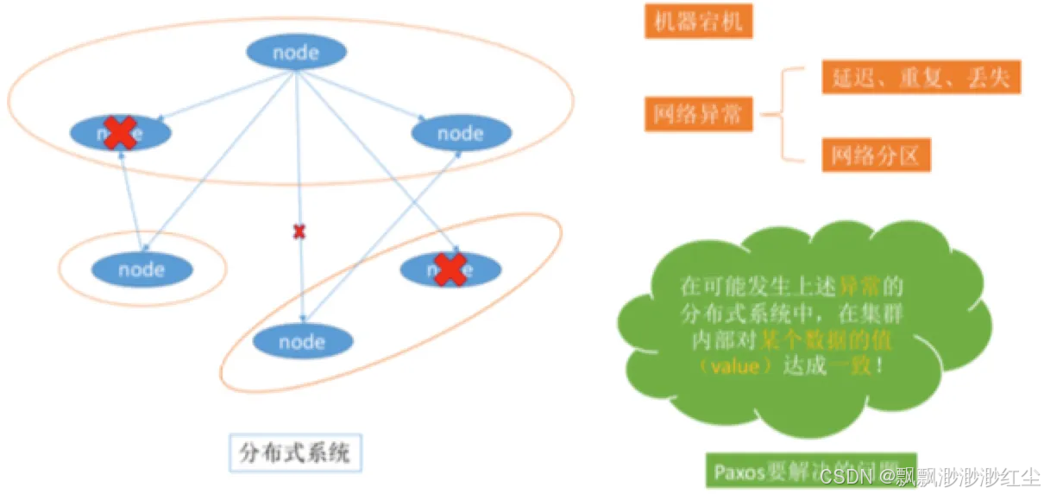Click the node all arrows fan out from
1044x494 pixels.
(296, 53)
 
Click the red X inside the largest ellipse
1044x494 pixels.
(121, 133)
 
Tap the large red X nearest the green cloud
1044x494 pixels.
(450, 269)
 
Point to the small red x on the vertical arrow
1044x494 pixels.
(299, 231)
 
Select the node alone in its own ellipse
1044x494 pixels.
(142, 269)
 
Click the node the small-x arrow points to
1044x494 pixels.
(302, 342)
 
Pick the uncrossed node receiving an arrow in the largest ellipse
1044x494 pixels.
(461, 133)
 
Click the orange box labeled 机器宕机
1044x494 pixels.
(698, 21)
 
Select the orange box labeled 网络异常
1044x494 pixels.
(698, 114)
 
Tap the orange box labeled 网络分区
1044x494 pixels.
(876, 155)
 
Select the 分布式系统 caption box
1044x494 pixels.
(295, 453)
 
